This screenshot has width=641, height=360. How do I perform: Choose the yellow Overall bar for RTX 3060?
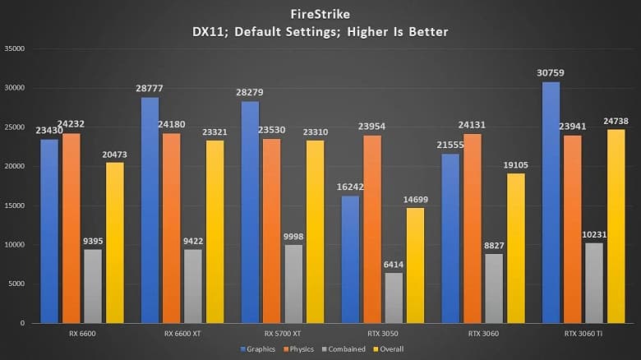[x=514, y=247]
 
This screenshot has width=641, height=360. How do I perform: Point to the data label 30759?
[x=551, y=72]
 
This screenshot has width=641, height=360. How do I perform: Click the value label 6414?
[x=394, y=265]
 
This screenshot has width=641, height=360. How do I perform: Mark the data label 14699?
[x=415, y=200]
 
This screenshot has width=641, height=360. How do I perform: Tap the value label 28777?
[x=150, y=88]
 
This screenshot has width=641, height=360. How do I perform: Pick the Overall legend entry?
[x=393, y=349]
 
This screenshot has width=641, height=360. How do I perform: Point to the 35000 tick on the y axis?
[x=16, y=48]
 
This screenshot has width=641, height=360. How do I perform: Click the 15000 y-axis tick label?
[x=16, y=205]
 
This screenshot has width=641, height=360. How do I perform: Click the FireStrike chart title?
[x=320, y=14]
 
